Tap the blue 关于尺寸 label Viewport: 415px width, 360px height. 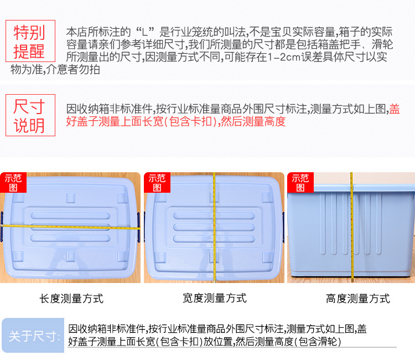(33, 336)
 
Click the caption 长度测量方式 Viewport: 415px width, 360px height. (71, 299)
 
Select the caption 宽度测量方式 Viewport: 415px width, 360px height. (214, 298)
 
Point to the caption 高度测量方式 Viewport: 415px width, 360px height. (357, 299)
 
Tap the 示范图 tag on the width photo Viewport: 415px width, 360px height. (157, 182)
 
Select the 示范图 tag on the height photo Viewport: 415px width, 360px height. (300, 182)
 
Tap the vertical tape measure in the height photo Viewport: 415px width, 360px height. (351, 227)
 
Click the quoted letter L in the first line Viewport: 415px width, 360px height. (147, 32)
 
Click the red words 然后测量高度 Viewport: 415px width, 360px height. (252, 121)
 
